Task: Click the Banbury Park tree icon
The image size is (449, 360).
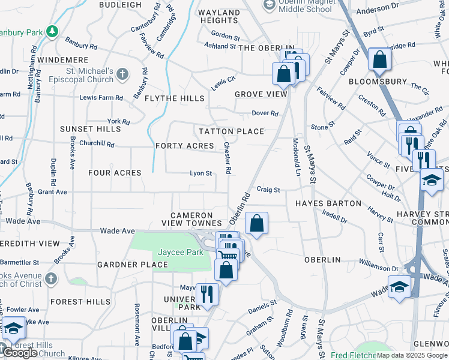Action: [53, 31]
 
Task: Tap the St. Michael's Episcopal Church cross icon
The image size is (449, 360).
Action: [122, 74]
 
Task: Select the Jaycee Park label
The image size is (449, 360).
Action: [181, 253]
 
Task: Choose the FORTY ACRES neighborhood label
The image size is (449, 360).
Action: [184, 146]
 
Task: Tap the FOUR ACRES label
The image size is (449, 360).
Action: [115, 173]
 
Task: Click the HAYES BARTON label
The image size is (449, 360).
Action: [328, 204]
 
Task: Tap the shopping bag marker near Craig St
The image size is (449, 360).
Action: [256, 223]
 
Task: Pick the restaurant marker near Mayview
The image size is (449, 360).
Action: [207, 294]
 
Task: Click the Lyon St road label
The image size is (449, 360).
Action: [201, 173]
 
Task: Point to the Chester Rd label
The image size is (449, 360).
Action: [228, 158]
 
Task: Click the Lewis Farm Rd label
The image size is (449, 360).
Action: [101, 97]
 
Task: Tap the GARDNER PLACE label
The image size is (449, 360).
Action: [133, 265]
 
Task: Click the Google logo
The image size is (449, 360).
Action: [19, 353]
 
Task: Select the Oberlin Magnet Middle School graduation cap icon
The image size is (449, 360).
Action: [270, 5]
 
